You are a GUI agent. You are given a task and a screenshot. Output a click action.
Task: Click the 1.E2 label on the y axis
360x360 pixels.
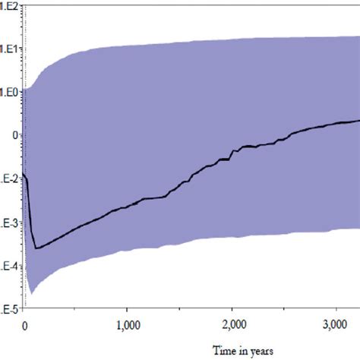coord(9,5)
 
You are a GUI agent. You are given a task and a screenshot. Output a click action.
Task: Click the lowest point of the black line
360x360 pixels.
coord(35,248)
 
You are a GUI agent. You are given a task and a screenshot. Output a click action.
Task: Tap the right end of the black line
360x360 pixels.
coord(359,121)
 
